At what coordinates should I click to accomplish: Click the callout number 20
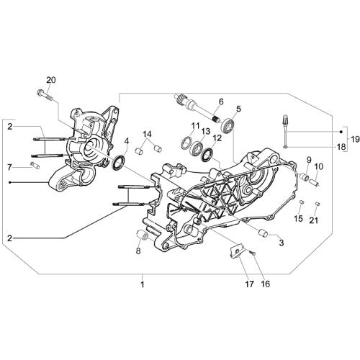pyautogui.click(x=51, y=80)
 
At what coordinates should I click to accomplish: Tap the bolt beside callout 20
pyautogui.click(x=45, y=96)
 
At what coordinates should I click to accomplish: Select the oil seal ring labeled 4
pyautogui.click(x=119, y=163)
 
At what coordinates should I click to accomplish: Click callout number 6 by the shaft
pyautogui.click(x=221, y=102)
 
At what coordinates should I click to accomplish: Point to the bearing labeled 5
pyautogui.click(x=228, y=125)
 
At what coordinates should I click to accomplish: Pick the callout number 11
pyautogui.click(x=195, y=125)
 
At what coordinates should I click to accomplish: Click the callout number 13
pyautogui.click(x=205, y=131)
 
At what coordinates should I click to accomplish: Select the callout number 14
pyautogui.click(x=148, y=135)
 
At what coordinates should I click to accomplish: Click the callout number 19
pyautogui.click(x=355, y=139)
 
